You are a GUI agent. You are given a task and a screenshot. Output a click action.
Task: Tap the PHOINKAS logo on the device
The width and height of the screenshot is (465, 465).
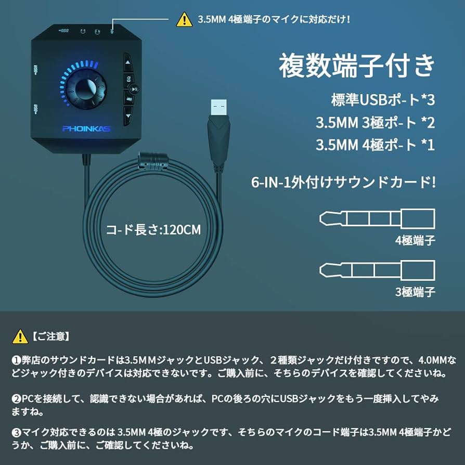pos(86,128)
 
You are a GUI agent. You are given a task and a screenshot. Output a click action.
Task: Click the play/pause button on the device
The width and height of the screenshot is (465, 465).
pos(135,89)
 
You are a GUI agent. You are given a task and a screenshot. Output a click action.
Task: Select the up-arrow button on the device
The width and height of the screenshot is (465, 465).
pos(128,65)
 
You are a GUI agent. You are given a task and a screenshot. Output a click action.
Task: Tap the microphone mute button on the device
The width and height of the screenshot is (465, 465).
pos(128,98)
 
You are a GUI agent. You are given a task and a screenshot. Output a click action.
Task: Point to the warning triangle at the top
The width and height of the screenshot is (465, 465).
pos(184,20)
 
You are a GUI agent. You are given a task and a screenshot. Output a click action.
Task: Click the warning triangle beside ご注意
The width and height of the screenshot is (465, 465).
pos(20,336)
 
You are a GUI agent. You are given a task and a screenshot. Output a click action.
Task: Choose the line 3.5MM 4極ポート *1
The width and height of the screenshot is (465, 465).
pos(374,145)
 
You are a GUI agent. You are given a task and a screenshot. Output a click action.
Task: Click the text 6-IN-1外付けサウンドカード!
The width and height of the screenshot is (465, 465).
pos(343,183)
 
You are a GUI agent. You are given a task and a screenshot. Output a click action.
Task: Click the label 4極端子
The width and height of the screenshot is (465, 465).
pos(415,240)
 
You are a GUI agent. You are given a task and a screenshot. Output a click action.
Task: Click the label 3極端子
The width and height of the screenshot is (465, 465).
pos(415,292)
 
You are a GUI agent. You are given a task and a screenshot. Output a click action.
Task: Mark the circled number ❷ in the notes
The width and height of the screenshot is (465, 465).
pos(16,399)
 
